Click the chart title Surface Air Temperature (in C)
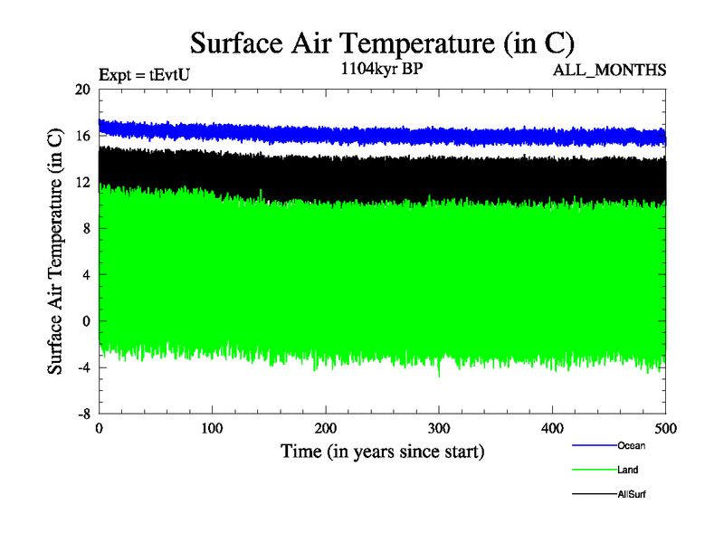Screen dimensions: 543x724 click(382, 43)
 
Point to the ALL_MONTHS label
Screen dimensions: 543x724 click(616, 70)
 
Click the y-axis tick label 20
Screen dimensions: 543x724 click(82, 90)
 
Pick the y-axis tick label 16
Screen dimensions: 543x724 click(82, 136)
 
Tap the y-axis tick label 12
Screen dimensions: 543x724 click(82, 182)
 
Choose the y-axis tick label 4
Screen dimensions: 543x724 click(86, 274)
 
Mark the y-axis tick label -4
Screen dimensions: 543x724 click(83, 367)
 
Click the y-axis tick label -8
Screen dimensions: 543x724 click(83, 414)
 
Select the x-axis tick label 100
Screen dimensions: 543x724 click(212, 428)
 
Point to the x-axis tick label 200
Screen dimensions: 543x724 click(326, 428)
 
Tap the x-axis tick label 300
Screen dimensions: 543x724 click(439, 428)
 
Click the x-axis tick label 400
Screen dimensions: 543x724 click(552, 428)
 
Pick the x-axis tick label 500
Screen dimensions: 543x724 click(665, 428)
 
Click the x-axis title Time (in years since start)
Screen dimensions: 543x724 click(382, 451)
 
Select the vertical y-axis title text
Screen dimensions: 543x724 click(55, 252)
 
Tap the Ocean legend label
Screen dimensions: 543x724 click(631, 446)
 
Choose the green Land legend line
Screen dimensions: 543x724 click(594, 470)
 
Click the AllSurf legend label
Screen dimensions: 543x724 click(632, 494)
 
